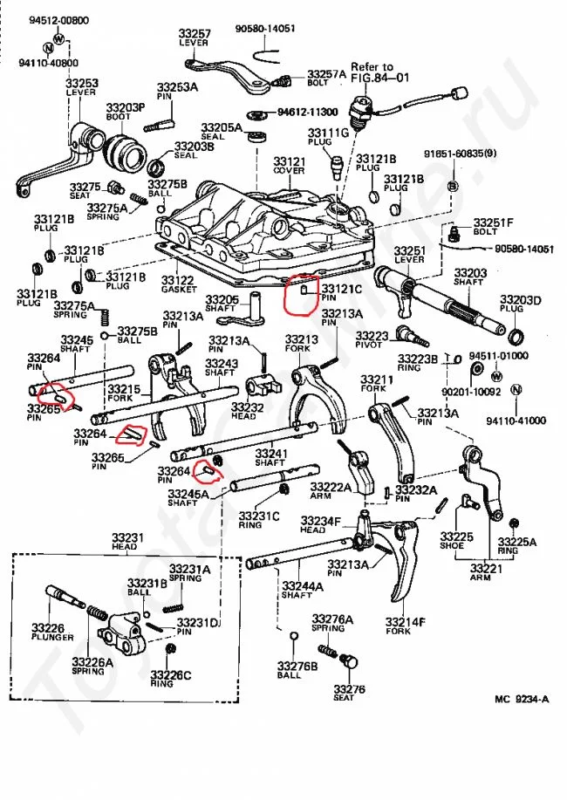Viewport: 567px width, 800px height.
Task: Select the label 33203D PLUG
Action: pyautogui.click(x=520, y=304)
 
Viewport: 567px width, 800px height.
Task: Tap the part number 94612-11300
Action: pyautogui.click(x=307, y=113)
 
